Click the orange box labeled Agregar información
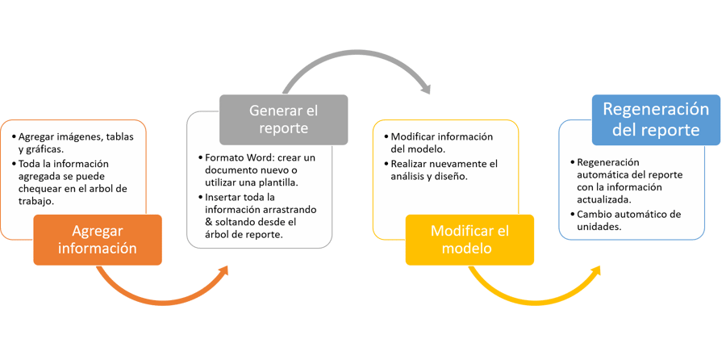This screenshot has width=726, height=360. [x=97, y=240]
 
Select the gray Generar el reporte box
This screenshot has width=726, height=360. [x=283, y=119]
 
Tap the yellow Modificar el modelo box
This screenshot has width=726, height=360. [x=470, y=240]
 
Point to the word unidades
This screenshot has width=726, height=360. [x=596, y=227]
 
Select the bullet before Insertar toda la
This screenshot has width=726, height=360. [x=199, y=197]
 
